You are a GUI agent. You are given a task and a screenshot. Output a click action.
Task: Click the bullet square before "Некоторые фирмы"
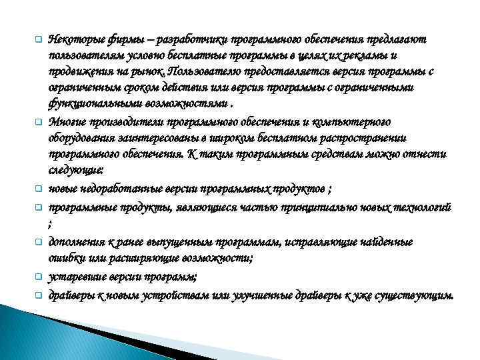(x=39, y=40)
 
